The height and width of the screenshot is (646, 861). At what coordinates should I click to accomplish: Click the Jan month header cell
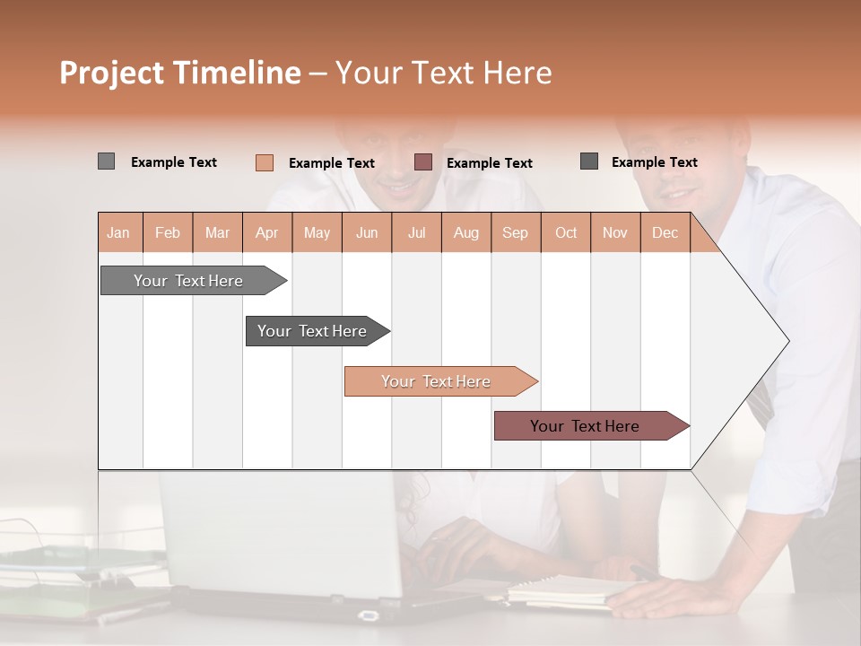point(119,232)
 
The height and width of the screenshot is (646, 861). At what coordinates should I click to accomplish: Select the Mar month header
point(217,232)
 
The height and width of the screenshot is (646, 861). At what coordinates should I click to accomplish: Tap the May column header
point(317,232)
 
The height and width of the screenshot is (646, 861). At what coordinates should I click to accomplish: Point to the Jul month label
point(416,232)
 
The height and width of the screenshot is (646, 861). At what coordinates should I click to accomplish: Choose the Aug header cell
point(465,232)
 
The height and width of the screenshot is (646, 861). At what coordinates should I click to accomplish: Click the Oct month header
point(565,232)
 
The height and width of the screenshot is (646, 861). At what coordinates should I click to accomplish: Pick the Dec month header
point(665,232)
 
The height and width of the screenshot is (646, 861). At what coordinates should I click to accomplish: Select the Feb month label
point(168,232)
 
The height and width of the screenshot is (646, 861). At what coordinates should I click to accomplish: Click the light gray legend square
point(106,161)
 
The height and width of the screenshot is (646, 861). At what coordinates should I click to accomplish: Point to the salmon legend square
point(264,162)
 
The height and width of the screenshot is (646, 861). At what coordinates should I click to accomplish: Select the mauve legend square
point(423,162)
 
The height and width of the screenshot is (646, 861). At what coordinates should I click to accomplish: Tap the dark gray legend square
point(589,161)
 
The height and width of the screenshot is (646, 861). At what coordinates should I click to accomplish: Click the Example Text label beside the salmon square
point(331,163)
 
